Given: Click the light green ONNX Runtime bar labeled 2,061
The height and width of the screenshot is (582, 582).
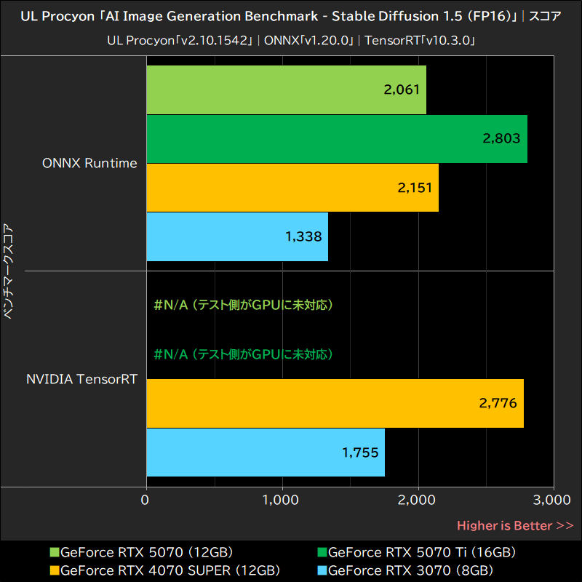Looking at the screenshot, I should point(286,89).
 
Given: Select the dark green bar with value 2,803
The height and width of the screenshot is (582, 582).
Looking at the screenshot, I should point(337,138).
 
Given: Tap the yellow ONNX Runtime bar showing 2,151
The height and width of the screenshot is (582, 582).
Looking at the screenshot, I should point(292,187).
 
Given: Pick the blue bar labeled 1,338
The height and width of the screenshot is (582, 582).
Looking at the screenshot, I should point(237,236).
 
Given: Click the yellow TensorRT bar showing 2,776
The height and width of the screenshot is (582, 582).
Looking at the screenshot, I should point(335,403).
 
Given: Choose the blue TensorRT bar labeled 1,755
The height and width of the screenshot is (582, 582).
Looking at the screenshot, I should point(266,452).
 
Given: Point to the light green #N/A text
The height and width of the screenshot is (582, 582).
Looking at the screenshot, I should point(244,305).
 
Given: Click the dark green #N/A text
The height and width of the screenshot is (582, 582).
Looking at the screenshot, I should point(244,354).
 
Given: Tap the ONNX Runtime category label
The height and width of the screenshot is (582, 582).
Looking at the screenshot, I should point(89,163).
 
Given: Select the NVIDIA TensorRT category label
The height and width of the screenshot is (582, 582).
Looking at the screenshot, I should point(81,379).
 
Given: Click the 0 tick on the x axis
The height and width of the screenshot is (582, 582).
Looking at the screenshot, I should point(146,500).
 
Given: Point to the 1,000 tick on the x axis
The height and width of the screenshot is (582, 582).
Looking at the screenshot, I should point(282,500).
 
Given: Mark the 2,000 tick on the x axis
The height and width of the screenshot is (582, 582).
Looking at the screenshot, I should point(418,500).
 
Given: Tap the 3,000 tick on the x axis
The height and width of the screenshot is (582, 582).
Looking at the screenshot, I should point(553,500).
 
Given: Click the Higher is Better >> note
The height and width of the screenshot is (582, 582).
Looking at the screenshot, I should point(515,525).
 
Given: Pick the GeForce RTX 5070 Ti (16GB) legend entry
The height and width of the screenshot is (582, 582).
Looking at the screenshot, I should point(422,552).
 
